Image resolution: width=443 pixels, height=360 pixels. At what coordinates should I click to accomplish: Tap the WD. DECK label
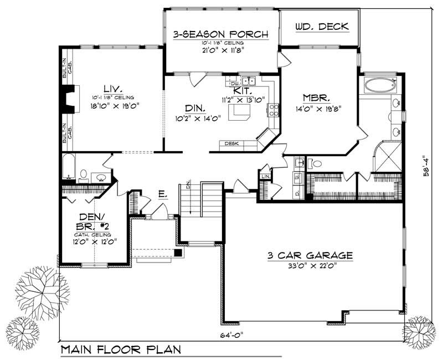[317, 27]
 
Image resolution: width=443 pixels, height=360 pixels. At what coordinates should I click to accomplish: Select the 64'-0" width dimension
[228, 335]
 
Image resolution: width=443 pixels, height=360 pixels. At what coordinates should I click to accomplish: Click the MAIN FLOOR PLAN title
[120, 349]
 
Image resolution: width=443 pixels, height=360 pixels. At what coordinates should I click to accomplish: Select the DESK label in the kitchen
[232, 144]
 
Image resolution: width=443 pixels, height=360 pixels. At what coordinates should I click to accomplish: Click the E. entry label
[162, 194]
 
